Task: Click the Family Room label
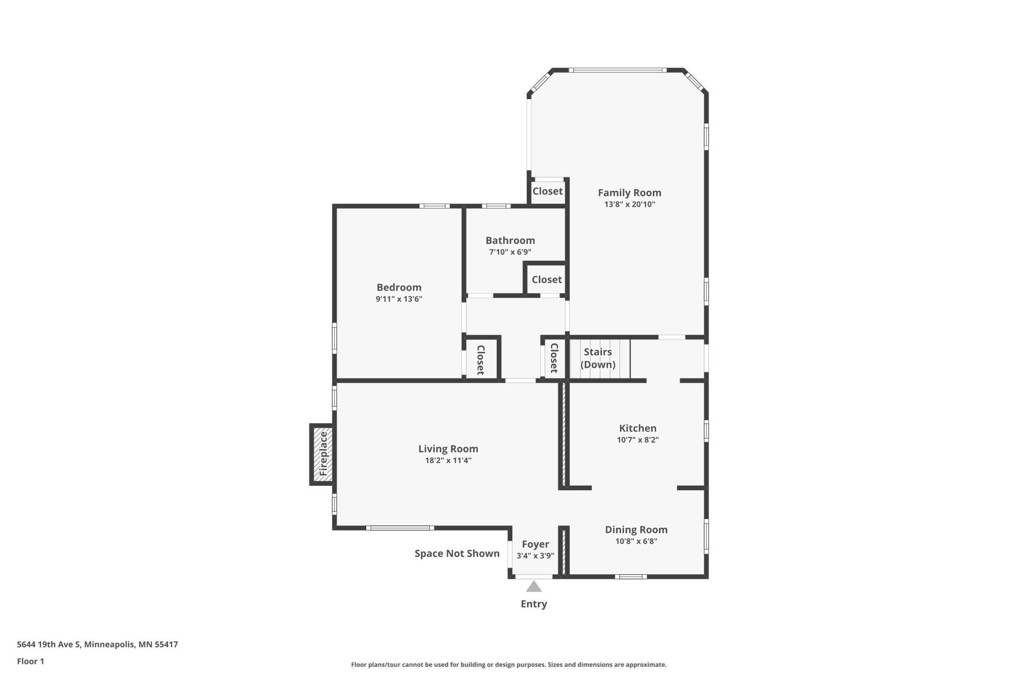(x=629, y=193)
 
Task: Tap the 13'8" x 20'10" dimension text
(x=629, y=204)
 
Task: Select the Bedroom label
(x=399, y=287)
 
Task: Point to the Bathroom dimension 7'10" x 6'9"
(x=510, y=252)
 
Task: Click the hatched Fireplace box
(x=323, y=454)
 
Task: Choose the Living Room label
(x=448, y=449)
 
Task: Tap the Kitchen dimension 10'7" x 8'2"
(x=638, y=440)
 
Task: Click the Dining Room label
(x=636, y=529)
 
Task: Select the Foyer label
(x=535, y=544)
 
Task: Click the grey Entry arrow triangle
(x=534, y=587)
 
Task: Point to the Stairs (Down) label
(x=598, y=358)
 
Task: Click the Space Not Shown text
(x=457, y=553)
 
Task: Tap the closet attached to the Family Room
(x=548, y=191)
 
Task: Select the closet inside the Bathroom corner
(x=547, y=279)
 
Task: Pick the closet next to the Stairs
(x=554, y=358)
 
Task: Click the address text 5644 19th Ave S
(x=48, y=644)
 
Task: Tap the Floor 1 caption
(x=30, y=661)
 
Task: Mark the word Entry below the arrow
(x=534, y=604)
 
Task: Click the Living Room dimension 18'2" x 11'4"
(x=448, y=460)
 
